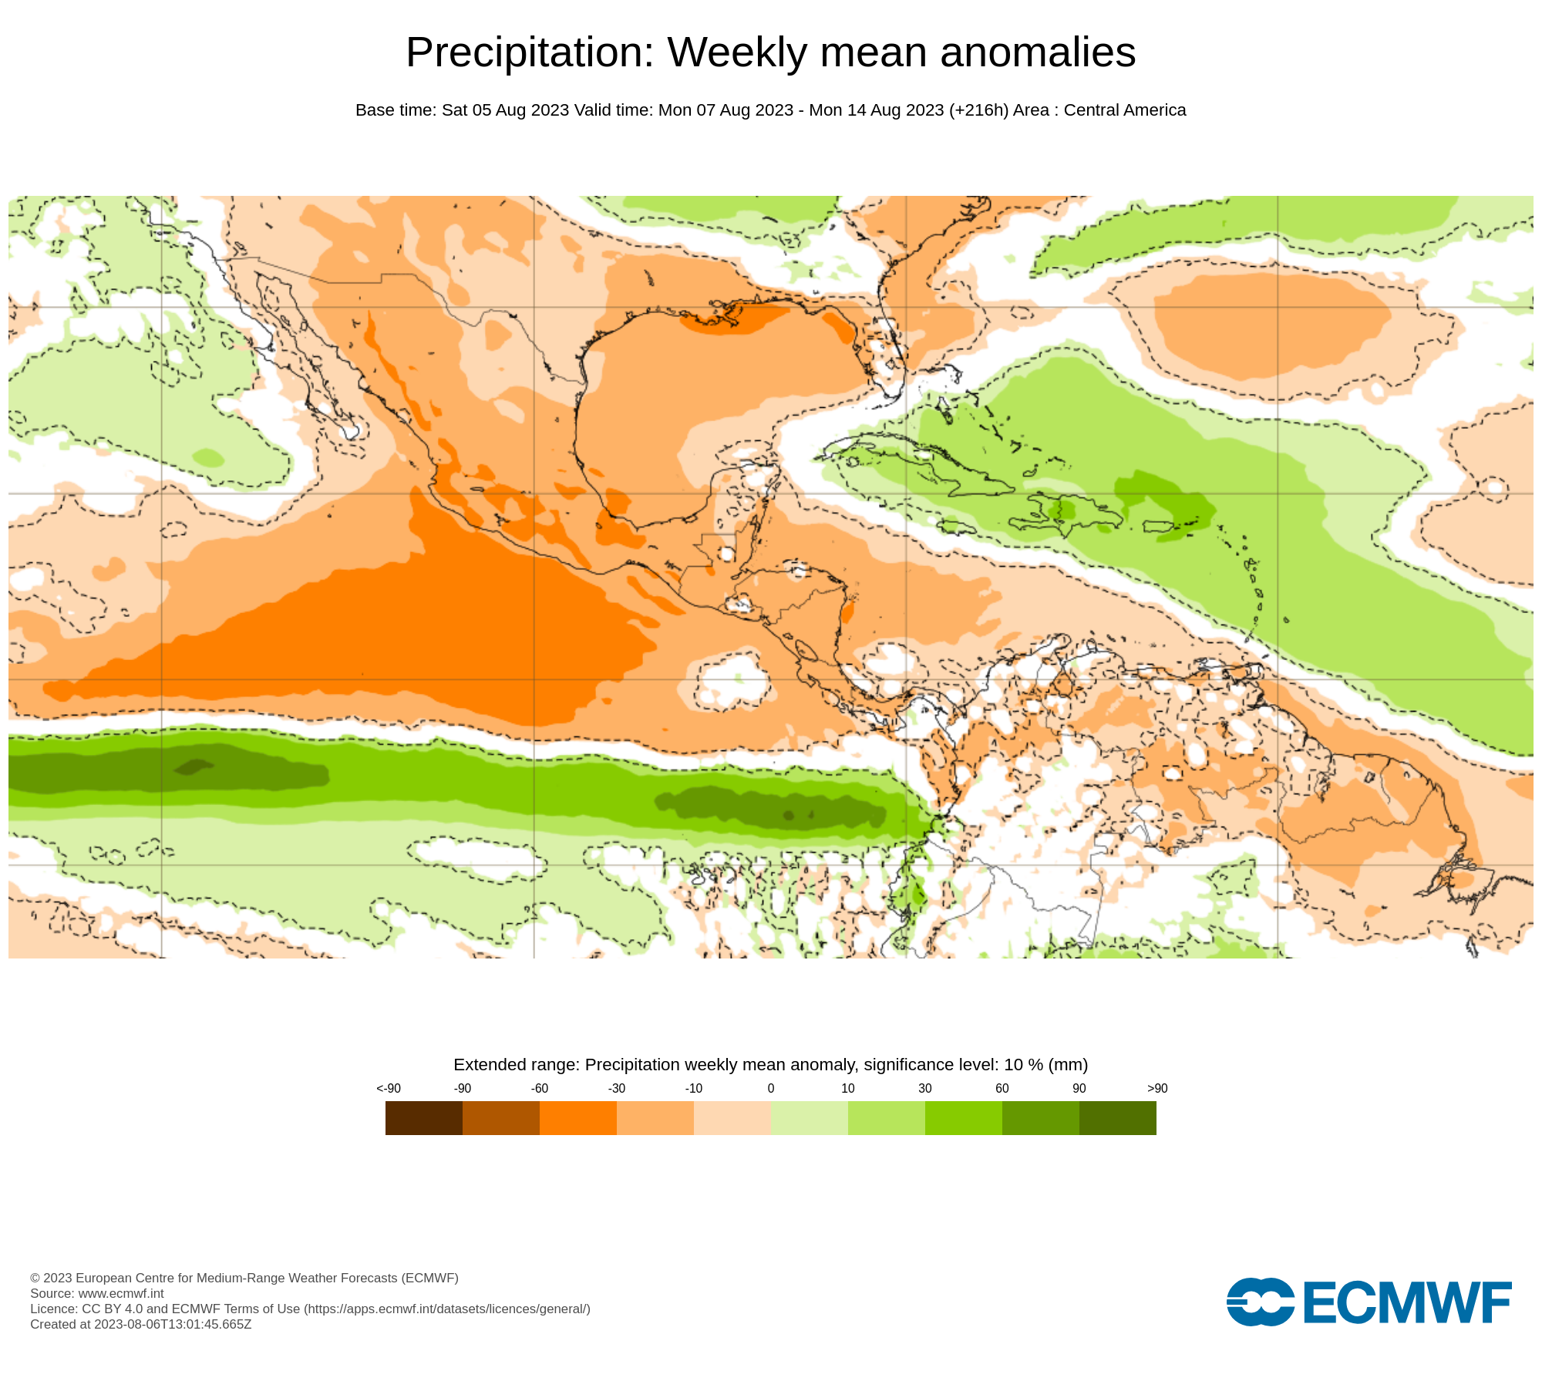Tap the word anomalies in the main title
pyautogui.click(x=1038, y=53)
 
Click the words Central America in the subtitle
pyautogui.click(x=1124, y=110)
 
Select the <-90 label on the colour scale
pyautogui.click(x=389, y=1089)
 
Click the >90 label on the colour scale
pyautogui.click(x=1157, y=1089)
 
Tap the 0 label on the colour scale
pyautogui.click(x=771, y=1089)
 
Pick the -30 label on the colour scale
pyautogui.click(x=617, y=1089)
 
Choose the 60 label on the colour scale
pyautogui.click(x=1002, y=1089)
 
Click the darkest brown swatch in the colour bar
pyautogui.click(x=424, y=1118)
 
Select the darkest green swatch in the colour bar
pyautogui.click(x=1118, y=1118)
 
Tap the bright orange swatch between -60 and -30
pyautogui.click(x=578, y=1118)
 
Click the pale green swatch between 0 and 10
pyautogui.click(x=810, y=1118)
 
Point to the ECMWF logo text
pyautogui.click(x=1407, y=1303)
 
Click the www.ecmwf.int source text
pyautogui.click(x=121, y=1293)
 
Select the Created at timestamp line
pyautogui.click(x=141, y=1324)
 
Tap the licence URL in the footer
pyautogui.click(x=447, y=1309)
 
